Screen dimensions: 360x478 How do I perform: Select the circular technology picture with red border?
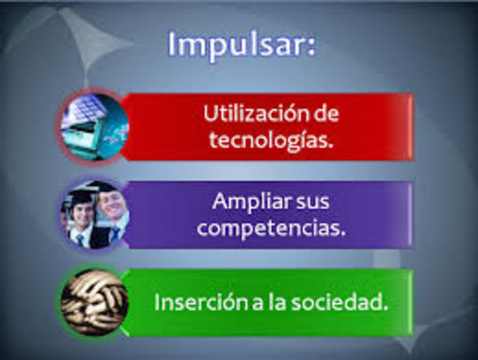(94, 125)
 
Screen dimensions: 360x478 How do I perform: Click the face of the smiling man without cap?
(112, 206)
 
